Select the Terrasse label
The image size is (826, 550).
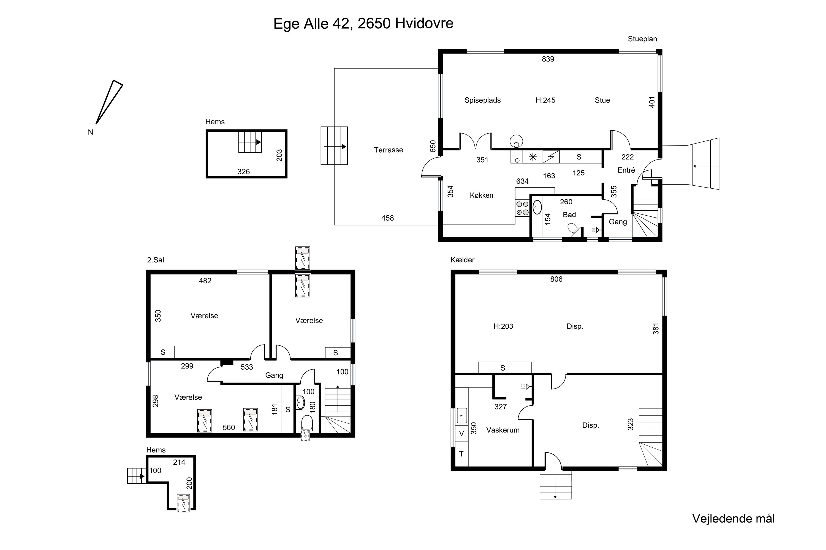point(388,150)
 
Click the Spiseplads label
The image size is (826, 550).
point(483,100)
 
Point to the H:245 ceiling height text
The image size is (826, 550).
point(545,100)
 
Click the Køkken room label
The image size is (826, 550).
point(482,195)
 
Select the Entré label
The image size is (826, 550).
point(626,170)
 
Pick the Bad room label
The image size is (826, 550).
point(569,215)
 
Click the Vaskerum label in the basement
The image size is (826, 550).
point(503,430)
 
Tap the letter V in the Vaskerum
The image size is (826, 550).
point(461,434)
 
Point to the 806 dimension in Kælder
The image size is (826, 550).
point(556,279)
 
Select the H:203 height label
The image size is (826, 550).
point(503,326)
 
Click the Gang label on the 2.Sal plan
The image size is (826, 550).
point(274,375)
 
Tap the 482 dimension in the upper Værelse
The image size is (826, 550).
point(205,280)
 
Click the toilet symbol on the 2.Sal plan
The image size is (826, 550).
point(307,423)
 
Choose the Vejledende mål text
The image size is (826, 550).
point(733,518)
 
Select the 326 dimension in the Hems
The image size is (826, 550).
point(243,172)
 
